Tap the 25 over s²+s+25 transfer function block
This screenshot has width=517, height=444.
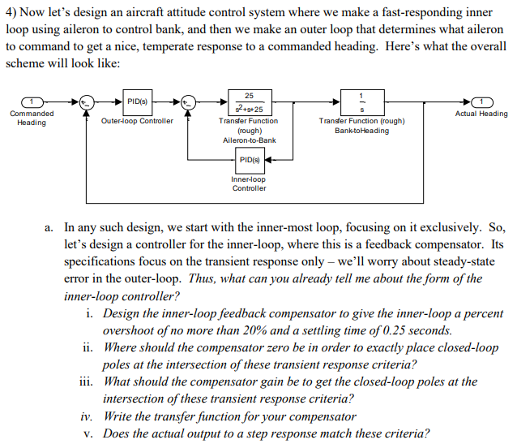[249, 101]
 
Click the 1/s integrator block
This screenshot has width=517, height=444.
[361, 101]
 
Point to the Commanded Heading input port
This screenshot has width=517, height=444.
[30, 101]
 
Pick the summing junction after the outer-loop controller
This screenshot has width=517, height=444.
[189, 101]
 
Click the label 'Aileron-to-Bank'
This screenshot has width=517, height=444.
[249, 140]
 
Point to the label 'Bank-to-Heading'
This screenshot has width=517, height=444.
[361, 130]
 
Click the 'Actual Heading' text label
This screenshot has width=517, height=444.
[481, 114]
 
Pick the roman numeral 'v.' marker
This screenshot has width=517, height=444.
[92, 433]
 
